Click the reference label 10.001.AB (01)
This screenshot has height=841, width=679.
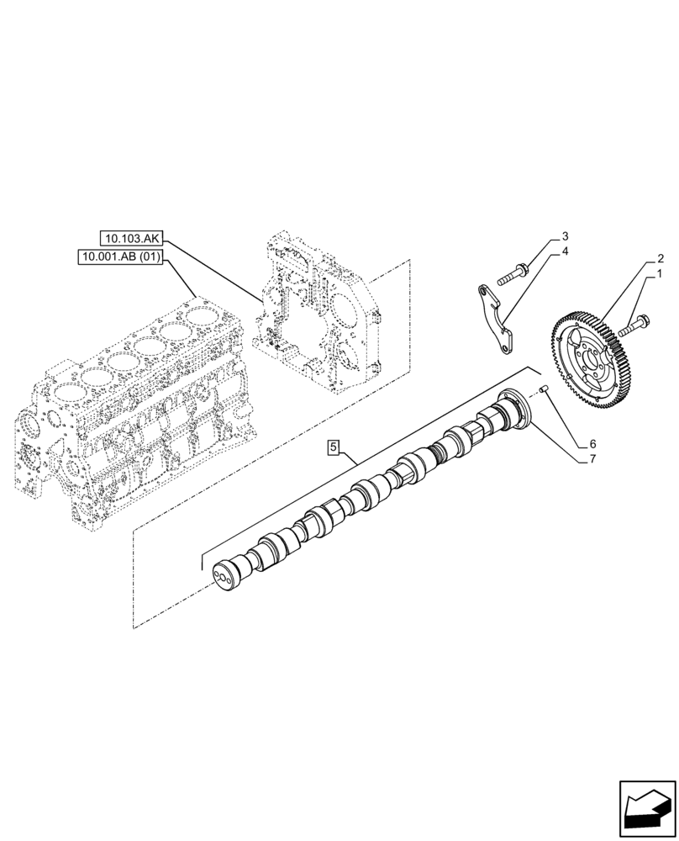(x=122, y=257)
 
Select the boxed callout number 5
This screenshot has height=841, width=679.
(x=334, y=449)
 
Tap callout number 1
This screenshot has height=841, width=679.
(x=661, y=274)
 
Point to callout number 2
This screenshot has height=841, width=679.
(x=661, y=257)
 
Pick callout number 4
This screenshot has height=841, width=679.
(x=566, y=251)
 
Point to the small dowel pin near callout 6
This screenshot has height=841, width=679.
(x=545, y=389)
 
